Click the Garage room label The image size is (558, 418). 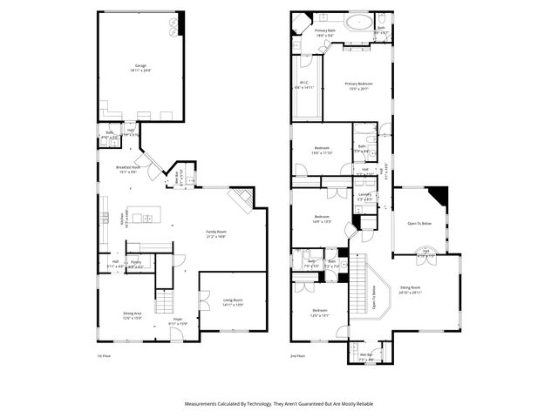(x=140, y=66)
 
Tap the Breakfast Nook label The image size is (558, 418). (x=128, y=167)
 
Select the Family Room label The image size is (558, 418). (x=215, y=233)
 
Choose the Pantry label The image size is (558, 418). (x=136, y=262)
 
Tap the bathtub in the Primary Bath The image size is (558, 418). (x=358, y=22)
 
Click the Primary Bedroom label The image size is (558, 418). (x=358, y=84)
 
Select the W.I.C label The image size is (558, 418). (x=305, y=84)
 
